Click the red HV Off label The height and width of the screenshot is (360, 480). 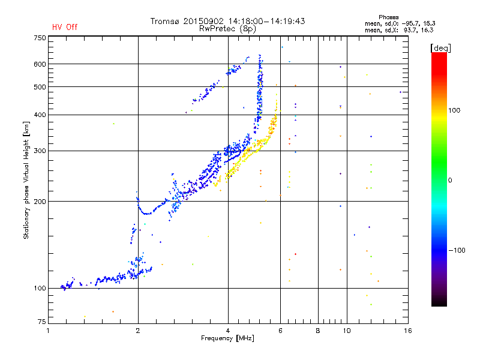coord(65,27)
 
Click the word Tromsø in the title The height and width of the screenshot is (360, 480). coord(164,21)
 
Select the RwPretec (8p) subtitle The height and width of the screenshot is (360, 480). coord(227,29)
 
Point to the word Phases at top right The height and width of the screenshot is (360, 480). coord(388,17)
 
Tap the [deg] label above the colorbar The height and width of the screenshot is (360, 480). coord(440,49)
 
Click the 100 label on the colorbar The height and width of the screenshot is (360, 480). coord(454,110)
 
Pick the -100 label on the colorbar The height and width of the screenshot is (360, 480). coord(457,250)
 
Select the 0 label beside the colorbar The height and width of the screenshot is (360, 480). coord(450,181)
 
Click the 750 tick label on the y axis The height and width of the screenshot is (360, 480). coord(40,38)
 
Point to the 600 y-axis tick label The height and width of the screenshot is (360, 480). coord(40,64)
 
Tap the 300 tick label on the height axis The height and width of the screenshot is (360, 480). coord(40,151)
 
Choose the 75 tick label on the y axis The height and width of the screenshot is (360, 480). coord(42,322)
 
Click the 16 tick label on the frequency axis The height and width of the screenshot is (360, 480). coord(408,331)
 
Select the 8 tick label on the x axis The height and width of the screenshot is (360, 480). coord(318,331)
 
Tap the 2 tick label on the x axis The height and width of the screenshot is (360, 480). coord(138,331)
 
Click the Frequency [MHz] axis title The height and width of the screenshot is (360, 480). coord(227,338)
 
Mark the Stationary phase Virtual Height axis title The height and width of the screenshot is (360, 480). coord(26,180)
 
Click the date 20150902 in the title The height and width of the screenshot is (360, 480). coord(203,21)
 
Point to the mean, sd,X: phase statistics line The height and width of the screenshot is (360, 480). coord(399,31)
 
